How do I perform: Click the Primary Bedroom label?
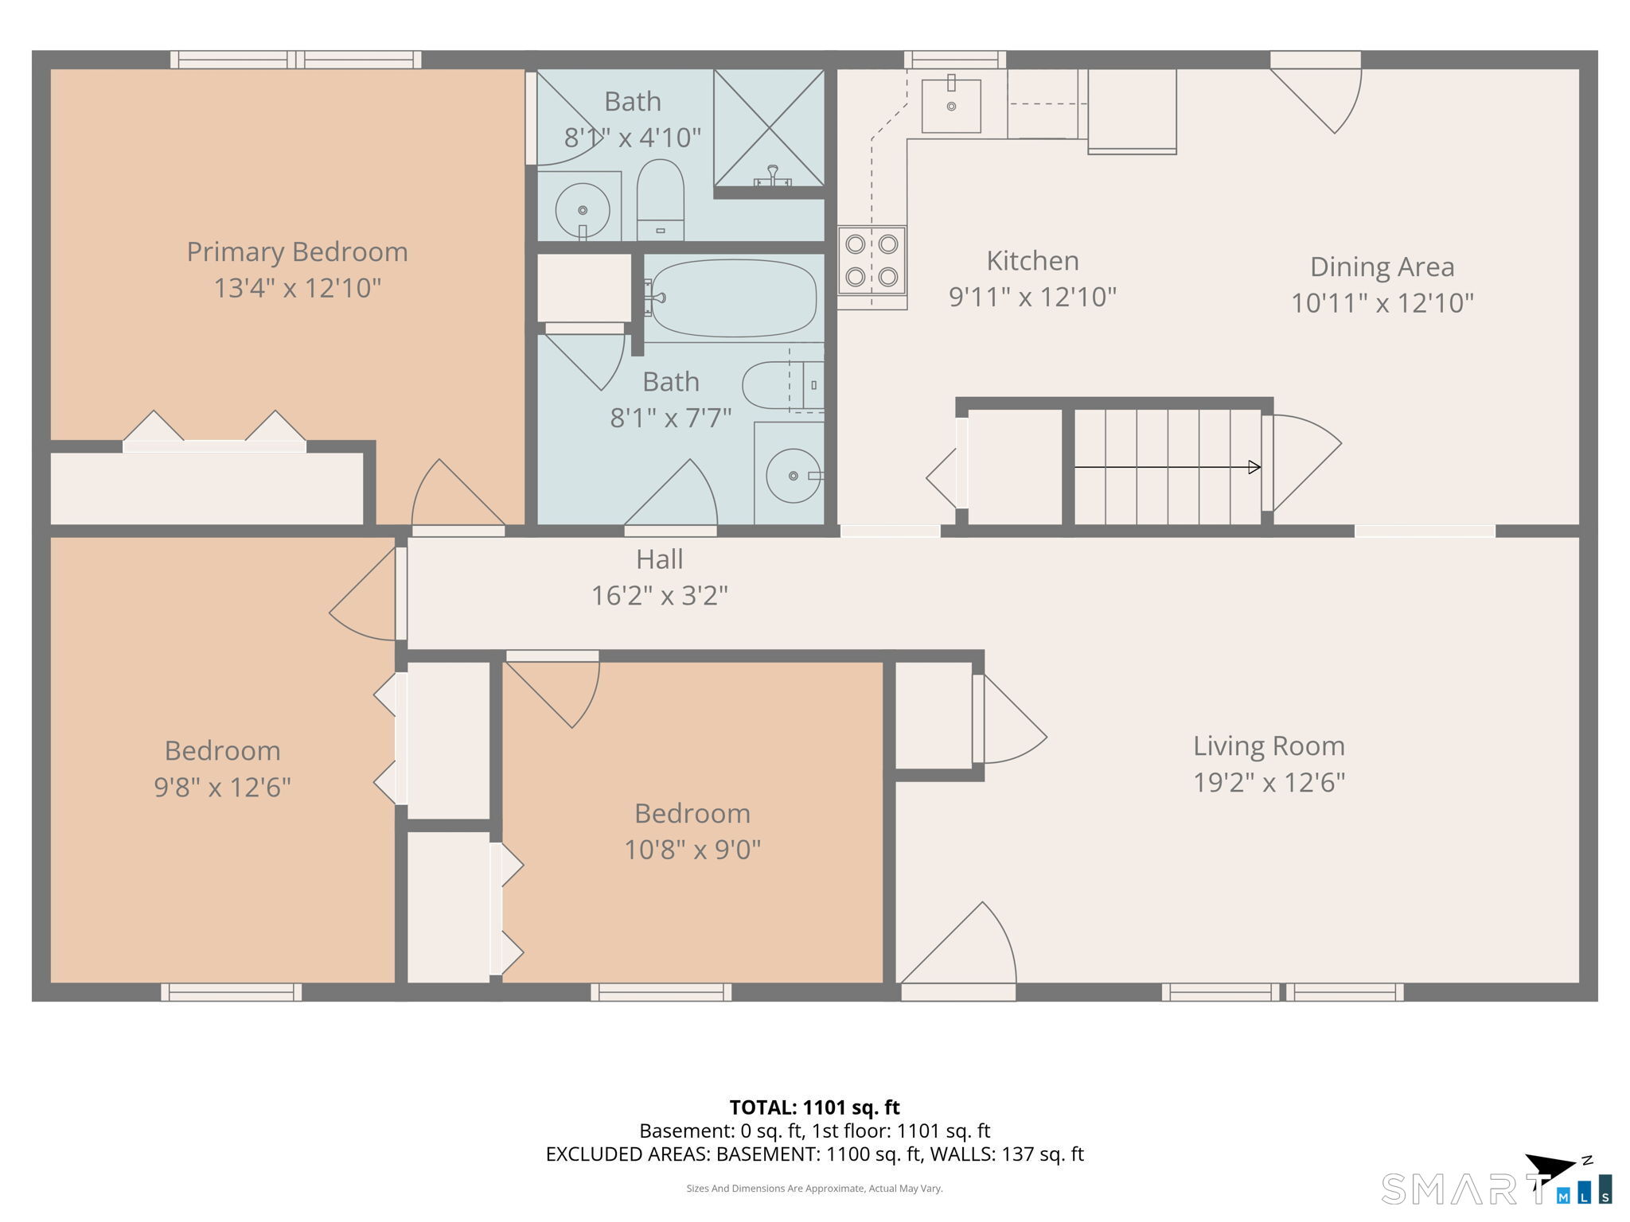(x=297, y=252)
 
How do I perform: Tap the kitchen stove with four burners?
(x=872, y=260)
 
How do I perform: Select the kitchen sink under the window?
(x=951, y=105)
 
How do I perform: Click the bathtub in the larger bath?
(x=731, y=298)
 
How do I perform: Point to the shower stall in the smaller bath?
(x=769, y=127)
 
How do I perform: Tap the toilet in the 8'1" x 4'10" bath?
(x=661, y=200)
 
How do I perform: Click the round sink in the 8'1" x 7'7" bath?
(x=794, y=476)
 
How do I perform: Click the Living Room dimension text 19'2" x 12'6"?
(x=1269, y=782)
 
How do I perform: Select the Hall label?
(x=659, y=559)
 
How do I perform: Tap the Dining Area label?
(x=1382, y=267)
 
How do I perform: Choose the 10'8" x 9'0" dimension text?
(x=692, y=850)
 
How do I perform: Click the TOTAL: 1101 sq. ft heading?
(x=814, y=1107)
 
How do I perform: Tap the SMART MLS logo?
(x=1497, y=1181)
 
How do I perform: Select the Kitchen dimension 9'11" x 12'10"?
(x=1032, y=297)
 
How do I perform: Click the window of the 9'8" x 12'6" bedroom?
(x=232, y=992)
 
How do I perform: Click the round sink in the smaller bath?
(x=583, y=210)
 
